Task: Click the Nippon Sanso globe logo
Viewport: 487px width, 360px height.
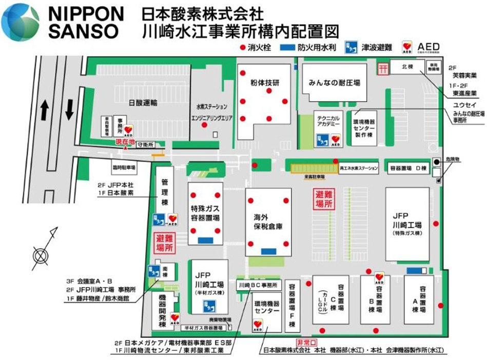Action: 21,22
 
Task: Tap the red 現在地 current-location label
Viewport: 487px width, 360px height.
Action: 125,141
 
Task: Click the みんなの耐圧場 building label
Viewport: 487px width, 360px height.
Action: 334,82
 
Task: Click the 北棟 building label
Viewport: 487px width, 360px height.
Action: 407,66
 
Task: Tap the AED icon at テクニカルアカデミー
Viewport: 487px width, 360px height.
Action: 336,139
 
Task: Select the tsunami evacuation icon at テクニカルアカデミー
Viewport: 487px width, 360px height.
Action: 322,139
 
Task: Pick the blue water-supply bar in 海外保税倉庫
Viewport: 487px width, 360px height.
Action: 268,251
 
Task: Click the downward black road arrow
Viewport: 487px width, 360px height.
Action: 69,108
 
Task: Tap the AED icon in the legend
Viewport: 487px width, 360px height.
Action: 408,47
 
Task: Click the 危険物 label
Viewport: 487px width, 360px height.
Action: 453,159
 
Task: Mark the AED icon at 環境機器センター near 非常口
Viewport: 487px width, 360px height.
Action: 258,325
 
